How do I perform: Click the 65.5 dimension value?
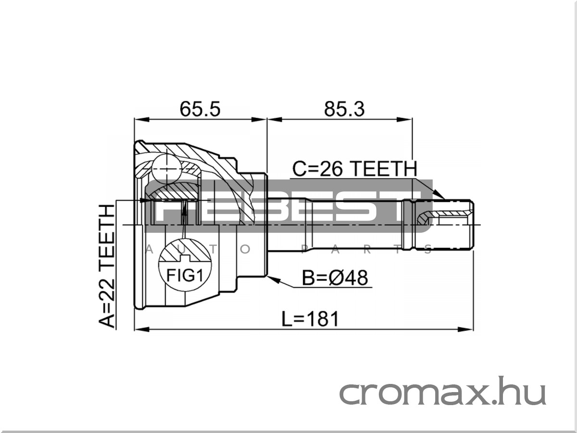click(x=200, y=109)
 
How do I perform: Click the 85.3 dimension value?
click(x=344, y=109)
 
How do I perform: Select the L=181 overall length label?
click(x=310, y=319)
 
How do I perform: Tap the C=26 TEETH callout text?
click(x=354, y=168)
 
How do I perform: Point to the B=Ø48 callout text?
click(x=335, y=278)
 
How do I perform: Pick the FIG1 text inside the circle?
click(x=185, y=276)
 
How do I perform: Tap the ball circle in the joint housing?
click(x=167, y=169)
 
